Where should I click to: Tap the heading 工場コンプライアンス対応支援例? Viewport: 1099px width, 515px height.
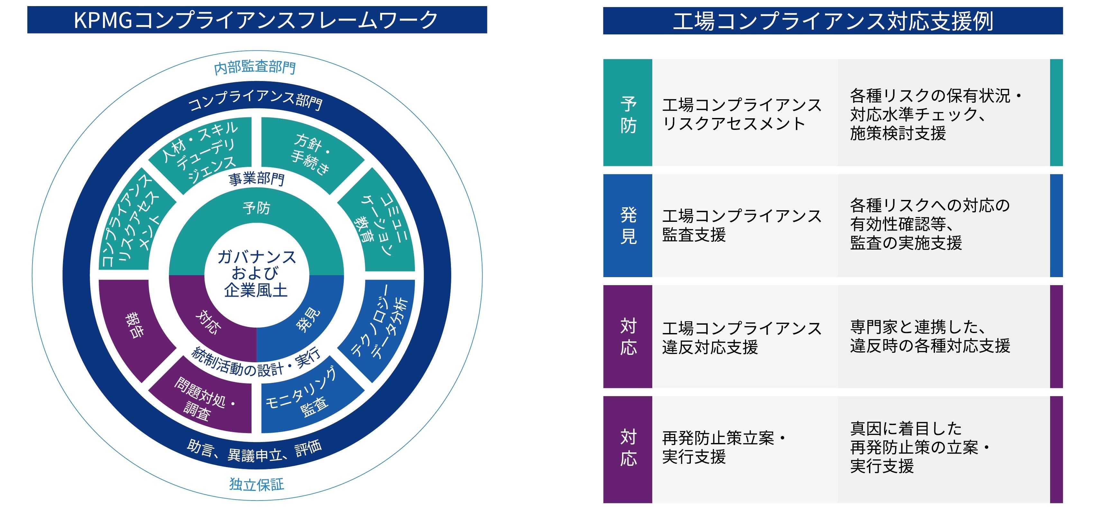pos(832,21)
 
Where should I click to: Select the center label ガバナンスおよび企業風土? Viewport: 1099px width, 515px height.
pos(256,274)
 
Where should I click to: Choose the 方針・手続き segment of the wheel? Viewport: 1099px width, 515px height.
pos(310,154)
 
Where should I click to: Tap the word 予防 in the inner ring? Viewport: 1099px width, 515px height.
pos(256,208)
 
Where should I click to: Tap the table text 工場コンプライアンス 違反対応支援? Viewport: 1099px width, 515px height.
pos(741,337)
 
